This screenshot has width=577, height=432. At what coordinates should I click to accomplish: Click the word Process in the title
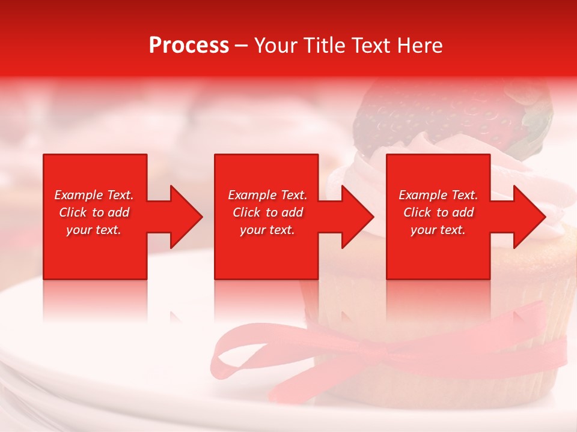pos(189,46)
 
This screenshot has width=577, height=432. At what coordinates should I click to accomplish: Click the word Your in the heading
pos(276,46)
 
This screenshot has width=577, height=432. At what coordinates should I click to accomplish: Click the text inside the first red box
pos(94,212)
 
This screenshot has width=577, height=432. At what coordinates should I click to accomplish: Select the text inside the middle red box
pos(267,212)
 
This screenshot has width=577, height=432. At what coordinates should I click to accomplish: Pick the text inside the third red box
pos(438,212)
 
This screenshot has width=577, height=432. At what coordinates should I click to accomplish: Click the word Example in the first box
pos(79,195)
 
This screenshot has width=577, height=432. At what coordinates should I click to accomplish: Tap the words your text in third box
pos(438,230)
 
